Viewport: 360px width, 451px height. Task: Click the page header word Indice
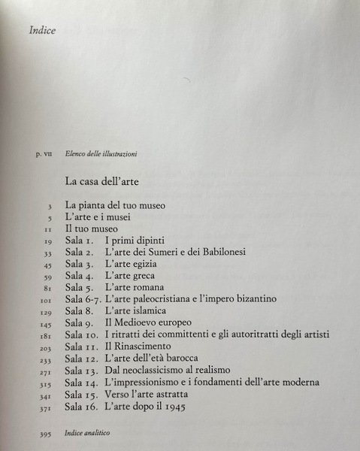43,32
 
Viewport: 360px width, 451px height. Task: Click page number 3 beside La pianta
49,205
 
